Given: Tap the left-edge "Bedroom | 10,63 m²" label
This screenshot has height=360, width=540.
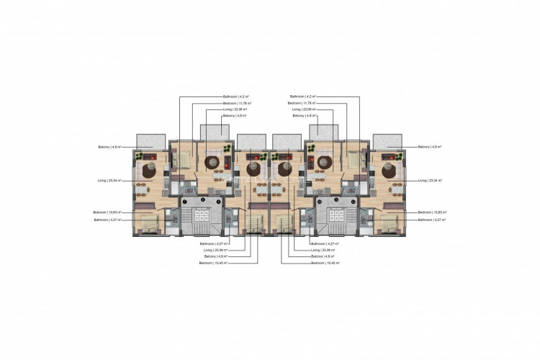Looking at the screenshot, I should pyautogui.click(x=107, y=212).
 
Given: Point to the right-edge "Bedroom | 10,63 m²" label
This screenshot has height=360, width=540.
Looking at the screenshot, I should pyautogui.click(x=433, y=212).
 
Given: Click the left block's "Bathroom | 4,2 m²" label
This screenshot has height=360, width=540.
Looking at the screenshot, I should pyautogui.click(x=235, y=96).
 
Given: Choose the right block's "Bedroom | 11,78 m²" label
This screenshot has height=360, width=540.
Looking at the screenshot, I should pyautogui.click(x=305, y=103).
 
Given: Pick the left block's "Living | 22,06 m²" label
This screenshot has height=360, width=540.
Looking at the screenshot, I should pyautogui.click(x=235, y=109).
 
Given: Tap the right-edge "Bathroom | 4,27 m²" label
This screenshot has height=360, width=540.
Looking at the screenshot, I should pyautogui.click(x=432, y=220).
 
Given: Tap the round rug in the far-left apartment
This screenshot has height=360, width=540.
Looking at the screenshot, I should pyautogui.click(x=152, y=171).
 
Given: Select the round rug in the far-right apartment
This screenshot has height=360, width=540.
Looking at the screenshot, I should pyautogui.click(x=389, y=171).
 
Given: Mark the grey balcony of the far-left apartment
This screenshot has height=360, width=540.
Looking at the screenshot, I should pyautogui.click(x=150, y=140).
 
